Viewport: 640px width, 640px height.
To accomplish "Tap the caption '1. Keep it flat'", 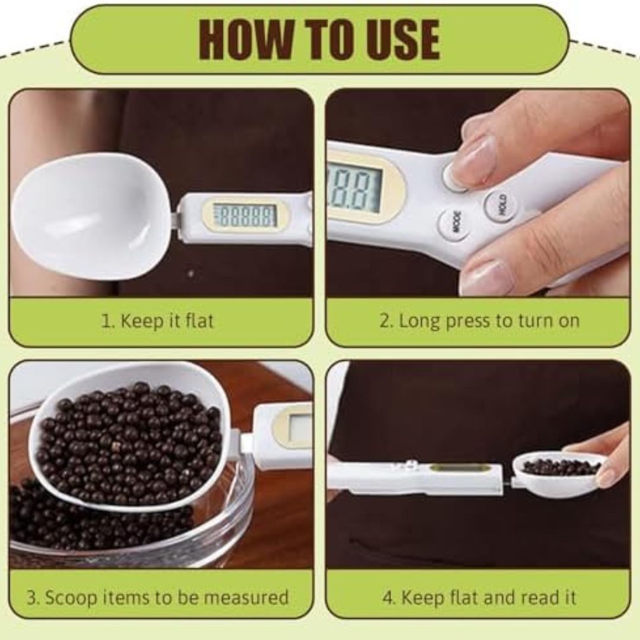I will tap(158, 322).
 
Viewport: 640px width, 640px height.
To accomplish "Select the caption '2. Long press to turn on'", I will tap(479, 322).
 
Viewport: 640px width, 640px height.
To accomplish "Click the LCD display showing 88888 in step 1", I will tap(245, 215).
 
